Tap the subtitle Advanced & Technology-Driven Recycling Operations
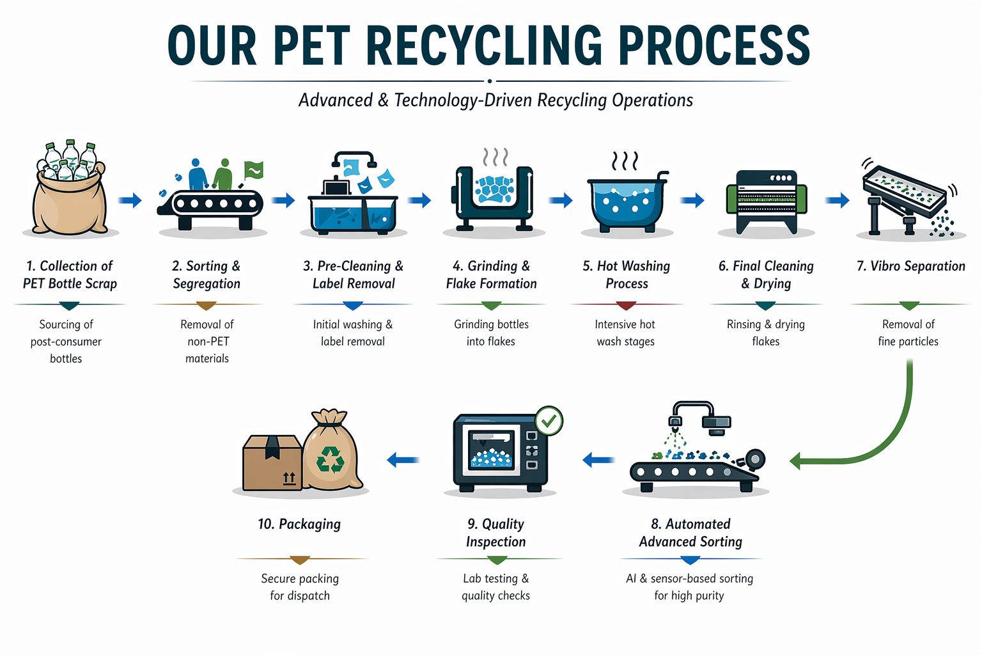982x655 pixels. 495,100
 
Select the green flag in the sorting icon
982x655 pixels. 254,170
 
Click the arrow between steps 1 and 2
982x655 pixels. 130,201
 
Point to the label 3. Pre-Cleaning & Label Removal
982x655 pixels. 353,274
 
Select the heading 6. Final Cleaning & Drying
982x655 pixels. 765,274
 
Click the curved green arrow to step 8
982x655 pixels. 882,441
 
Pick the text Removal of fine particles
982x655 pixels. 908,333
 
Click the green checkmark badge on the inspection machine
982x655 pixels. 549,421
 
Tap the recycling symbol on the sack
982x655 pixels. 331,459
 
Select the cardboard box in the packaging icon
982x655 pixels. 272,462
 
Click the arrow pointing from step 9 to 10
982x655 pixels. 403,459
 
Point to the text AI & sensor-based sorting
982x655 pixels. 689,578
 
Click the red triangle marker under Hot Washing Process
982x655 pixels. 627,305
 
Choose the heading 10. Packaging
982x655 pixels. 299,524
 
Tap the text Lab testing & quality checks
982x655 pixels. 495,587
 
